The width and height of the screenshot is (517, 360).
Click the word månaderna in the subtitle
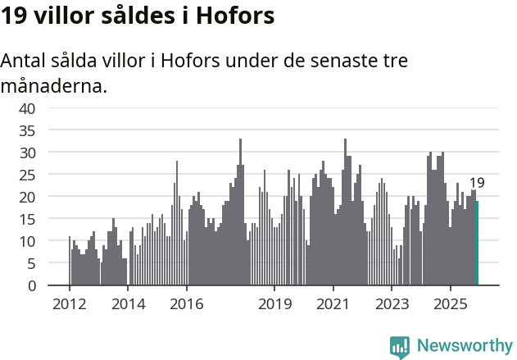[x=54, y=85]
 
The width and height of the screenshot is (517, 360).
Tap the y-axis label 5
[x=31, y=263]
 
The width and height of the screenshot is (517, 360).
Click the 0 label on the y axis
[x=31, y=285]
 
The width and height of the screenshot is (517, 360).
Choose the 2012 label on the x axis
[x=69, y=304]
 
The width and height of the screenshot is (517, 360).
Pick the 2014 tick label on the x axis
[x=128, y=304]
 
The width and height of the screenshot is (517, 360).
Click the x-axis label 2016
[x=187, y=304]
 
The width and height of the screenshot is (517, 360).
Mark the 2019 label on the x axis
[x=274, y=304]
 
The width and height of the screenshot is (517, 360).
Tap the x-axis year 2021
[x=333, y=304]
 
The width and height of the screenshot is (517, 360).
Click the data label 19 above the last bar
[x=477, y=183]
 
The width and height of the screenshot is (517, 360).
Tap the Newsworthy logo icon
[x=400, y=345]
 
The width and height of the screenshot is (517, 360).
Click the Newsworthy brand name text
[x=464, y=345]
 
